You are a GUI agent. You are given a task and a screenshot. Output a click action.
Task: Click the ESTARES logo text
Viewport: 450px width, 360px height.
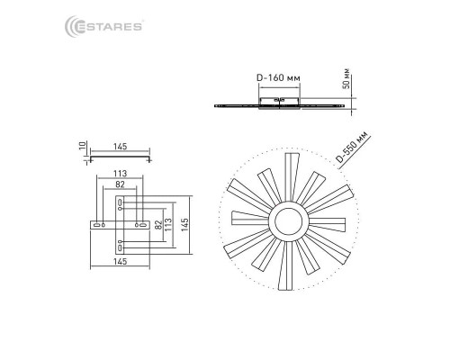click(x=108, y=27)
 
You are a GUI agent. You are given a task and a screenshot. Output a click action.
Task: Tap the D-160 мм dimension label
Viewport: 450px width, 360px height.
click(x=278, y=77)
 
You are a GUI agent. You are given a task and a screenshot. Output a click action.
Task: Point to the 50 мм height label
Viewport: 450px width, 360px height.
click(x=346, y=78)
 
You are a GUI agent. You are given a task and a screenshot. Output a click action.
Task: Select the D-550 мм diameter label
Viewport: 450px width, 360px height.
click(x=352, y=147)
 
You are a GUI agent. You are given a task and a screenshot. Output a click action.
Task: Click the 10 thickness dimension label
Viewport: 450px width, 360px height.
click(x=83, y=146)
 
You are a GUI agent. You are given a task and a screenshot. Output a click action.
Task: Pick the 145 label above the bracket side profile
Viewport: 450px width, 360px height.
click(x=120, y=147)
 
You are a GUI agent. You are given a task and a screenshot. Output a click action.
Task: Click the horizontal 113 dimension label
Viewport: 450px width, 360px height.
click(x=120, y=174)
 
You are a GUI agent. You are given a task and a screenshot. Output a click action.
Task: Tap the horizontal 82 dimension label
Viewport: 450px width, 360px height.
click(x=120, y=184)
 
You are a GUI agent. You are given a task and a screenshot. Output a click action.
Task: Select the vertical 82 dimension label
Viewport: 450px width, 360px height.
click(x=158, y=224)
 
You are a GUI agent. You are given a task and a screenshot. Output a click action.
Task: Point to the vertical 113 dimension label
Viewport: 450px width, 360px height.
click(x=168, y=224)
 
